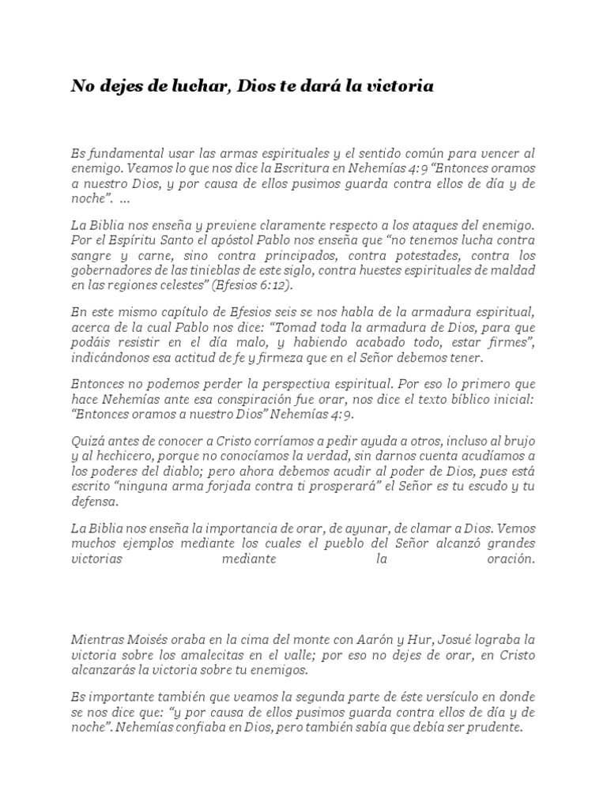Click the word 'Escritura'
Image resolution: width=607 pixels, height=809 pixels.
point(306,168)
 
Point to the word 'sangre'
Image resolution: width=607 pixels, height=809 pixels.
point(91,256)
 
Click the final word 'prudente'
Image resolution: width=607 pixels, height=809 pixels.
point(493,728)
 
